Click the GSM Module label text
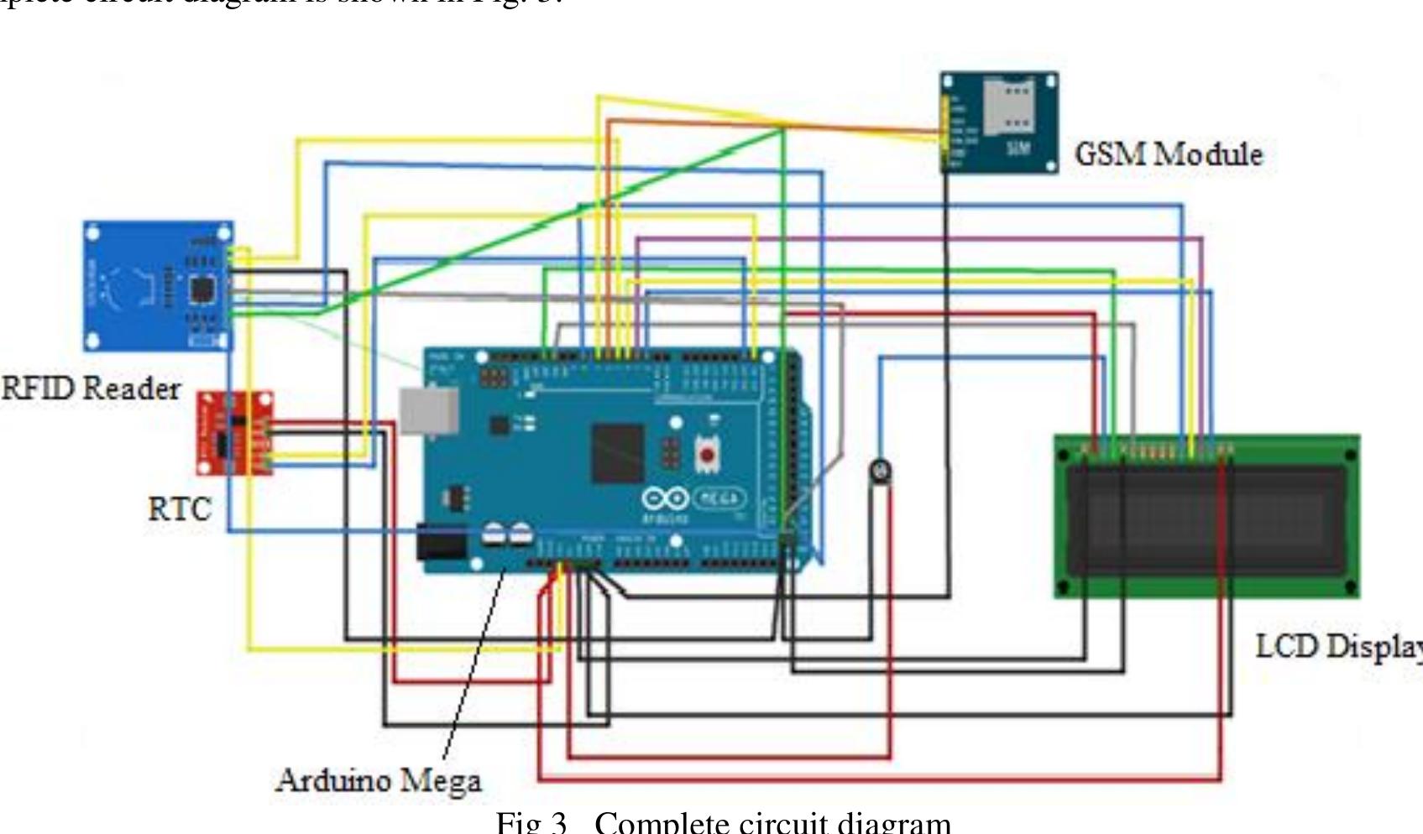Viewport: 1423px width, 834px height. point(1168,154)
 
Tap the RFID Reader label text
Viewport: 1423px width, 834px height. point(91,388)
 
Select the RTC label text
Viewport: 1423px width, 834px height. point(179,509)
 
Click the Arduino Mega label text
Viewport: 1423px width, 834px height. point(379,780)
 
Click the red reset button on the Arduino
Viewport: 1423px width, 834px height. point(708,455)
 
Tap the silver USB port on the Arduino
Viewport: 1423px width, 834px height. point(429,411)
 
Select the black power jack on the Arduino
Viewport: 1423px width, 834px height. point(442,543)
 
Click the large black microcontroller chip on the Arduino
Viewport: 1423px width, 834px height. point(618,453)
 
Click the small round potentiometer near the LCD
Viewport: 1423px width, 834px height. point(880,472)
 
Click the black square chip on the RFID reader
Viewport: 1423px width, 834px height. point(202,290)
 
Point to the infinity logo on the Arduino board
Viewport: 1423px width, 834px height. point(665,498)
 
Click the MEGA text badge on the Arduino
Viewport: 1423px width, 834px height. point(719,498)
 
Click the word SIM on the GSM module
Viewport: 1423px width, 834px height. point(1018,149)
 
